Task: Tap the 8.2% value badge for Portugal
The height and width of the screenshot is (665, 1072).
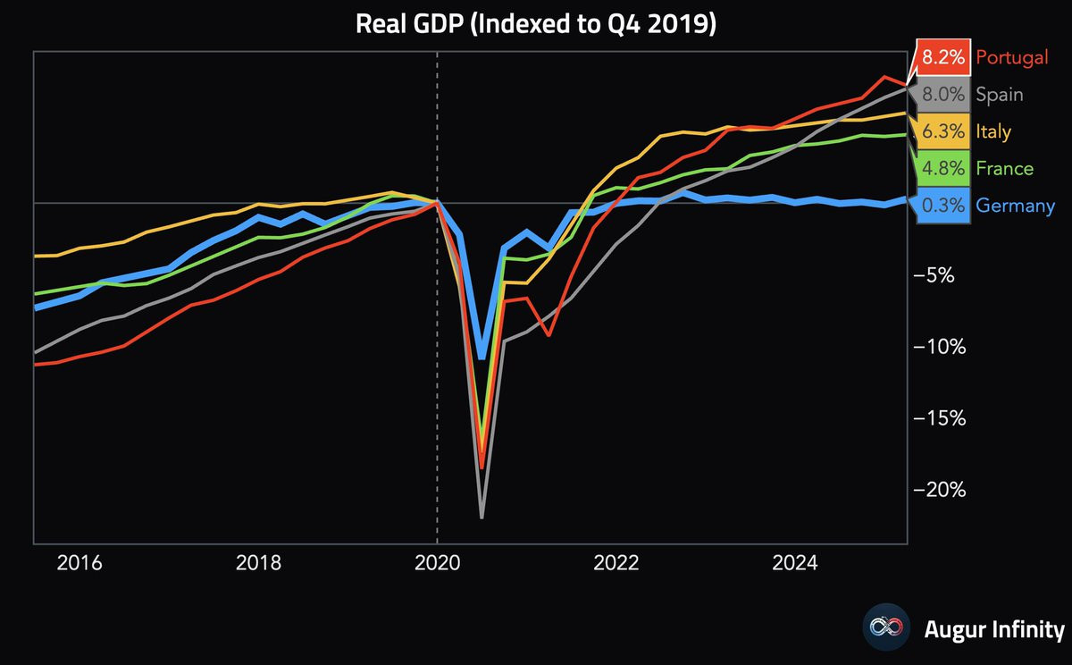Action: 943,58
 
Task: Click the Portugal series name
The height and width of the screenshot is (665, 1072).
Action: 1011,58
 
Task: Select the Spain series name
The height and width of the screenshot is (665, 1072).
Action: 1000,95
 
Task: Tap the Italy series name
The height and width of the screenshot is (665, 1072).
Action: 993,132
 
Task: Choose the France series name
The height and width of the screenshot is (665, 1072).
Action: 1004,169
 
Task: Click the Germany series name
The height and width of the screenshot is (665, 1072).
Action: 1015,206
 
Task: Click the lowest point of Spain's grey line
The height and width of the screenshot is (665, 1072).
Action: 482,518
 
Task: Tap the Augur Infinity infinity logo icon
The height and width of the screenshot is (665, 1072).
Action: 885,627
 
